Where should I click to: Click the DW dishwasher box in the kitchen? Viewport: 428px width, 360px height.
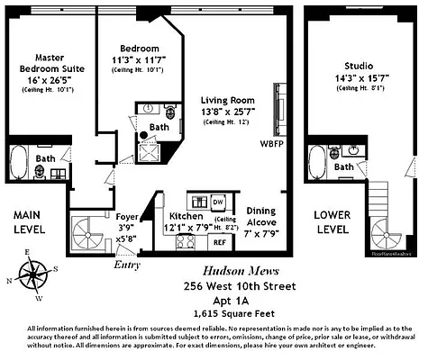[218, 202]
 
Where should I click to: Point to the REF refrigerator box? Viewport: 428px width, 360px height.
[219, 241]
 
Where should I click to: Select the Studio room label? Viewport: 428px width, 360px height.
[359, 66]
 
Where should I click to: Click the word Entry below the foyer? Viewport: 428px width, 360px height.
[127, 265]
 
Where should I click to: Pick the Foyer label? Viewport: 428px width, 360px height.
[127, 217]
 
